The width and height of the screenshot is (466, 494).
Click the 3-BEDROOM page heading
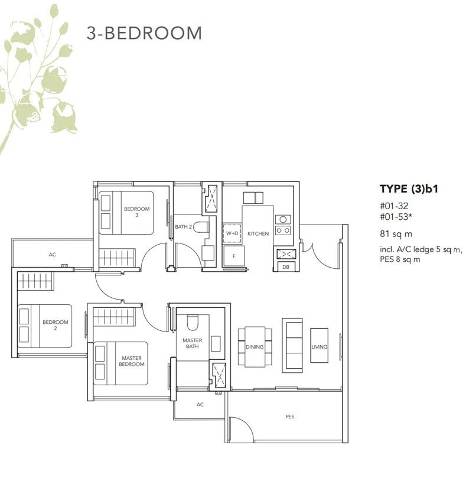pos(144,33)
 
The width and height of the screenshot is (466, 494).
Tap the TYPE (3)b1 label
pos(409,188)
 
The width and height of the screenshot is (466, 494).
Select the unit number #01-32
pos(394,206)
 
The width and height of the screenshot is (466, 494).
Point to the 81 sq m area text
pos(396,234)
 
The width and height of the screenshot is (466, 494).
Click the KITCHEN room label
pos(258,234)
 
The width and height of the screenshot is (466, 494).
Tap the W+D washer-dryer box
pos(232,233)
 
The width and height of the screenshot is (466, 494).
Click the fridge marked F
pos(234,256)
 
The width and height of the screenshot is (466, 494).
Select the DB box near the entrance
pos(286,267)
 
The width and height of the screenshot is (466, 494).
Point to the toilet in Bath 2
pos(201,227)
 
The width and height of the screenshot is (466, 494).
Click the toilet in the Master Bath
pos(193,322)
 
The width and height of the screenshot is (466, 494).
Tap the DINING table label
pos(255,347)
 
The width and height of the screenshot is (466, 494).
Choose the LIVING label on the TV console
pos(320,347)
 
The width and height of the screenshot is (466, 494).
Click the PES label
pos(289,417)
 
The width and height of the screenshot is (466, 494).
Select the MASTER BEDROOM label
pos(132,361)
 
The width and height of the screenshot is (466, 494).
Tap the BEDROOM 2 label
pos(56,325)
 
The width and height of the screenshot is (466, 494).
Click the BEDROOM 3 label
pos(136,212)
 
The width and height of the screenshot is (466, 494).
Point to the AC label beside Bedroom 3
pos(52,255)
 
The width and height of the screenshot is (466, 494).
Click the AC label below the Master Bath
pos(200,405)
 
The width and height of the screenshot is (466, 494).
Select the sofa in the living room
pos(292,345)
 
